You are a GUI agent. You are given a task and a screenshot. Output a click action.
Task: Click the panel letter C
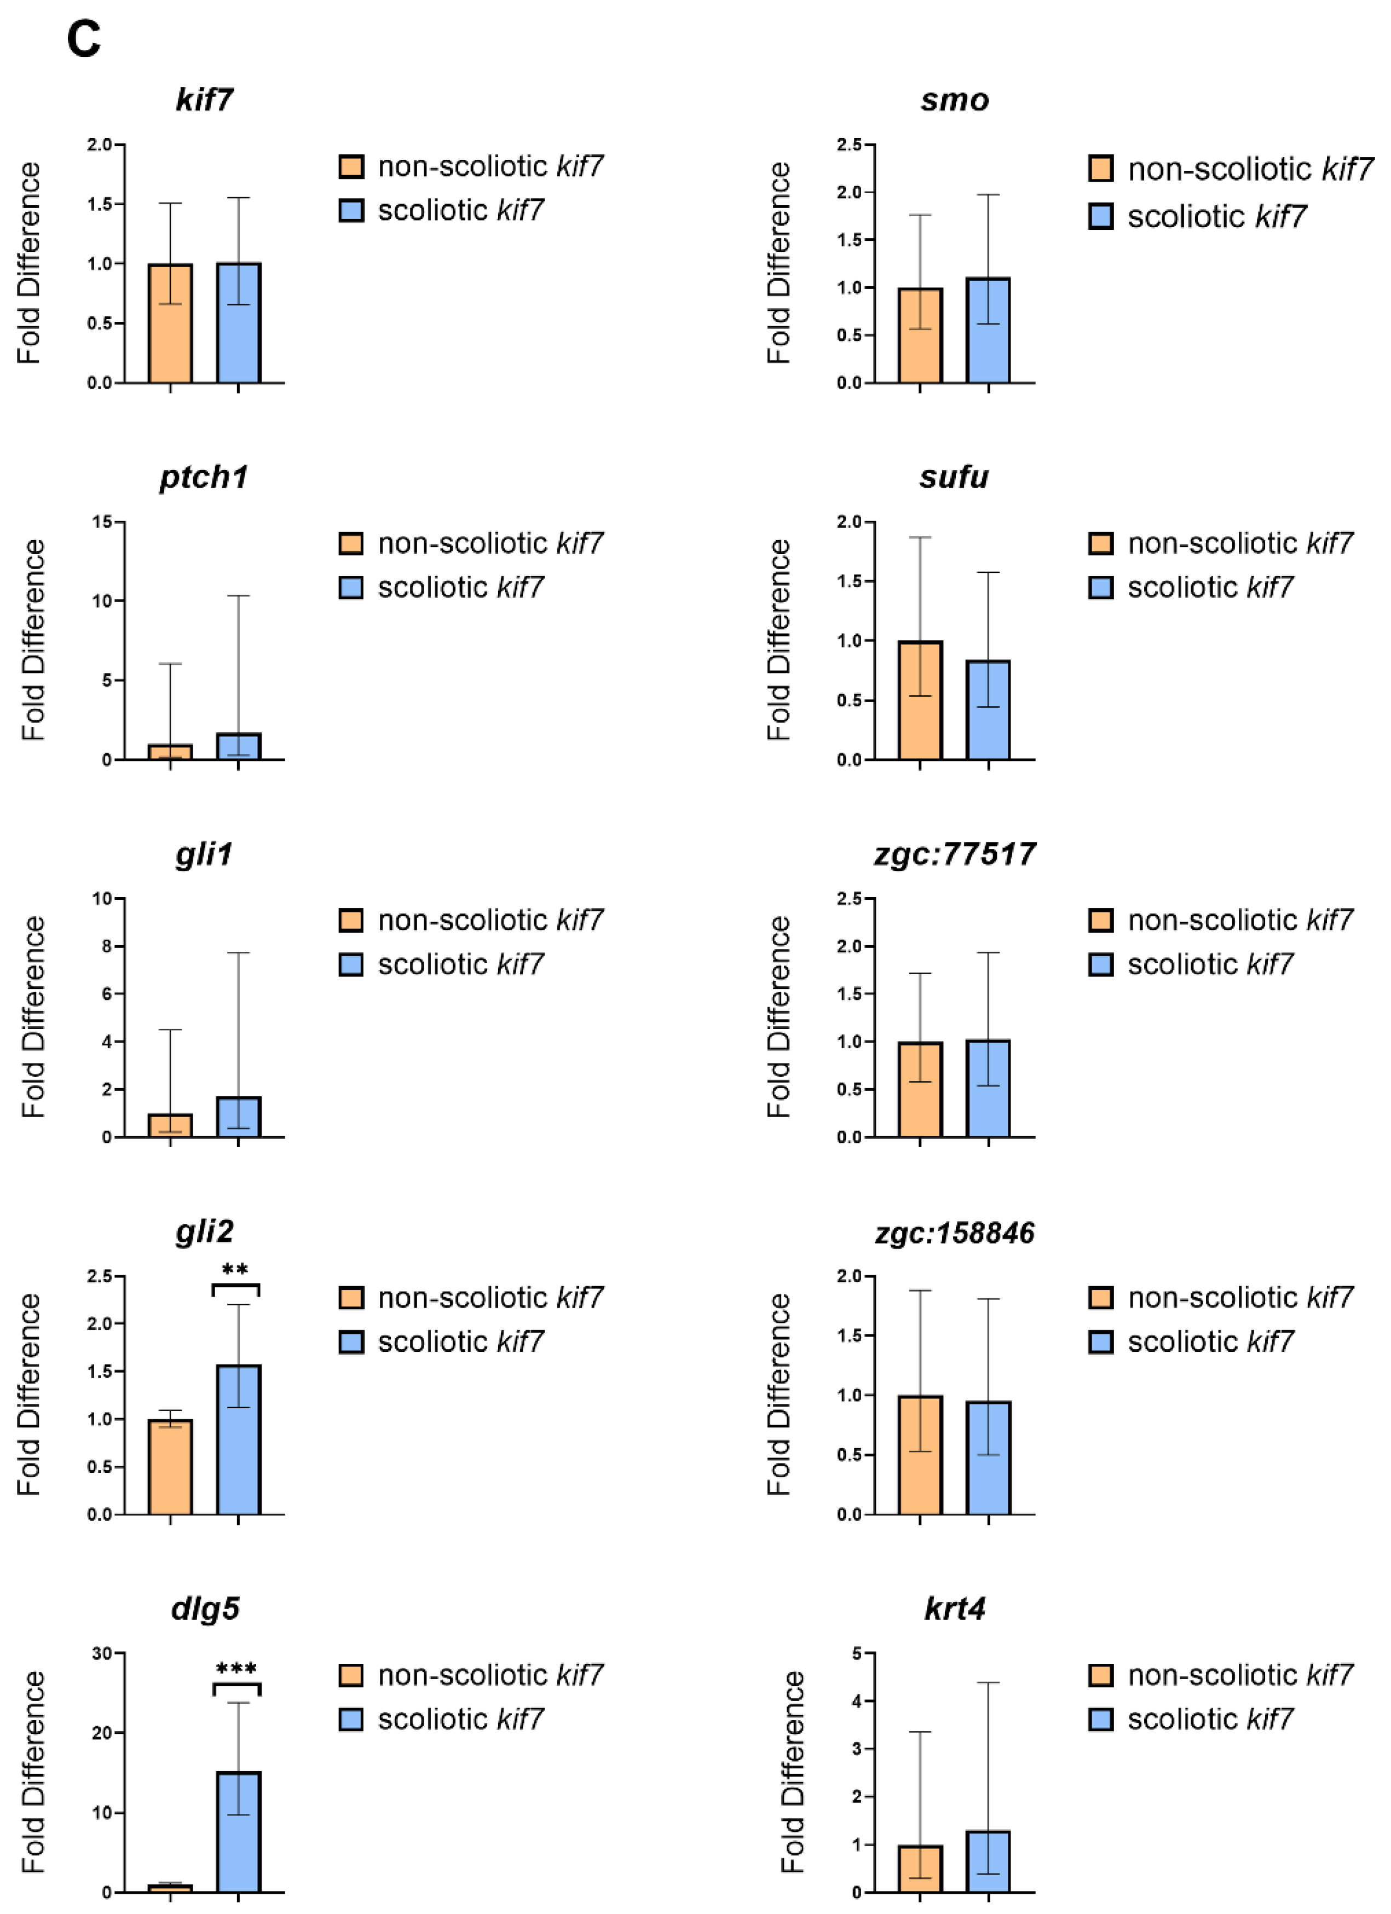pyautogui.click(x=84, y=39)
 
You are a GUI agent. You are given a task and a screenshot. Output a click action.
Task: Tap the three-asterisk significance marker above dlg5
pyautogui.click(x=236, y=1669)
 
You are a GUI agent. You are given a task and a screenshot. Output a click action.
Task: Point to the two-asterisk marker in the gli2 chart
pyautogui.click(x=235, y=1270)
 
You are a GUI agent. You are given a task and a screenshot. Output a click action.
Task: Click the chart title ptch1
pyautogui.click(x=204, y=478)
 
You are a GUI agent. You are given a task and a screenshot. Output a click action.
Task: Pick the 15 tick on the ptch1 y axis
pyautogui.click(x=102, y=522)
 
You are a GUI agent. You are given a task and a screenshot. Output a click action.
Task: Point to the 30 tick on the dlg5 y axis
pyautogui.click(x=102, y=1654)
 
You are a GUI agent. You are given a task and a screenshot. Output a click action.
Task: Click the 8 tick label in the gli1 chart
pyautogui.click(x=107, y=947)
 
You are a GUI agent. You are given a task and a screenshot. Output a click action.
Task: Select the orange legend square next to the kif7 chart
pyautogui.click(x=351, y=166)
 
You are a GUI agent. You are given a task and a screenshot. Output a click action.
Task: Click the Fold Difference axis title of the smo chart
pyautogui.click(x=778, y=263)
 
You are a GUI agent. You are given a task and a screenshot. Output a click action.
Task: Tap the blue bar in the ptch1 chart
pyautogui.click(x=238, y=747)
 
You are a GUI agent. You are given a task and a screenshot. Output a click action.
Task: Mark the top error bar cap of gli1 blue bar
pyautogui.click(x=238, y=953)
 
